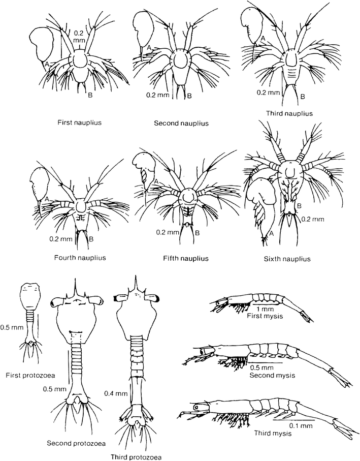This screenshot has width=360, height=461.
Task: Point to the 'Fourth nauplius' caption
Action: tap(80, 257)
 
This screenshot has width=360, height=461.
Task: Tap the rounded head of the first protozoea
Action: tap(29, 295)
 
